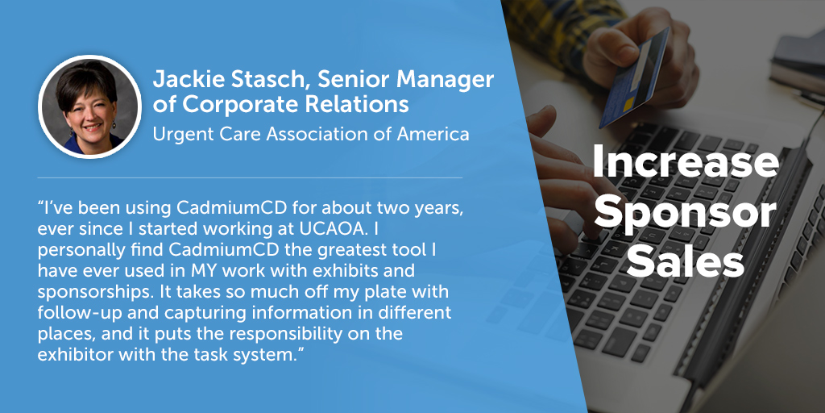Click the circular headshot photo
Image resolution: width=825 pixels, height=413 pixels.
point(90,106)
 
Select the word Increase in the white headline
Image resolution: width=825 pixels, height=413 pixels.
point(685,163)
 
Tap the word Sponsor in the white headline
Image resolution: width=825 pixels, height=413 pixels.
point(685,214)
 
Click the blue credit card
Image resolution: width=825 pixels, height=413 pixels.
point(633,78)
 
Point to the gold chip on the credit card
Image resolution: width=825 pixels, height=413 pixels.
point(628,105)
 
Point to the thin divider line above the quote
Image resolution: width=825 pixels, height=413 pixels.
point(250,178)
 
